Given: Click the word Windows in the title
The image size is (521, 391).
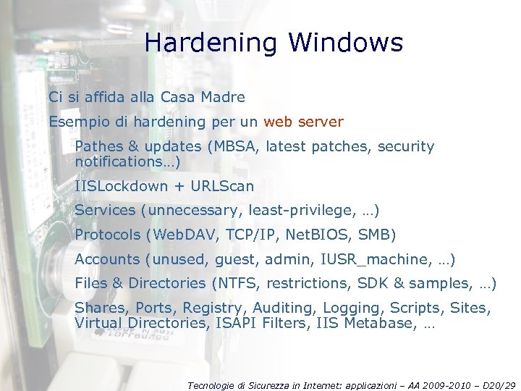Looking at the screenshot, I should (x=346, y=43).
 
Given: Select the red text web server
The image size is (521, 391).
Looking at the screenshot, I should (x=303, y=122).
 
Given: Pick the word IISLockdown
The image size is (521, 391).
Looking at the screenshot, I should (x=121, y=186).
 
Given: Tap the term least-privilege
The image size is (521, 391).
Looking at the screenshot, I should (x=297, y=210).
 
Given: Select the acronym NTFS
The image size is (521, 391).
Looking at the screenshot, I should (x=237, y=283).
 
